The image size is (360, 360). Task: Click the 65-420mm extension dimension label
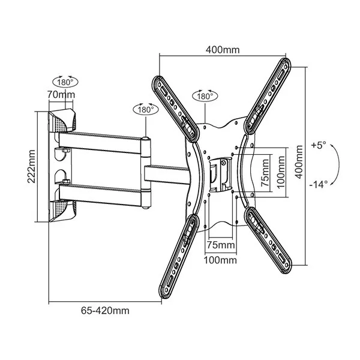[105, 310]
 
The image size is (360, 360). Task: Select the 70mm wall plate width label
[62, 95]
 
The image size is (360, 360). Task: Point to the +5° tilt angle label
[319, 145]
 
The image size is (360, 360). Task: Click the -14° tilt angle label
[318, 184]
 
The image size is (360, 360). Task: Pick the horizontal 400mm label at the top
[223, 49]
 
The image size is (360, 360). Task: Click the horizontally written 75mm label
[221, 245]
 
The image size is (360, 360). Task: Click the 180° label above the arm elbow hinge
[144, 110]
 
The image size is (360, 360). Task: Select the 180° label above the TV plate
[204, 96]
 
